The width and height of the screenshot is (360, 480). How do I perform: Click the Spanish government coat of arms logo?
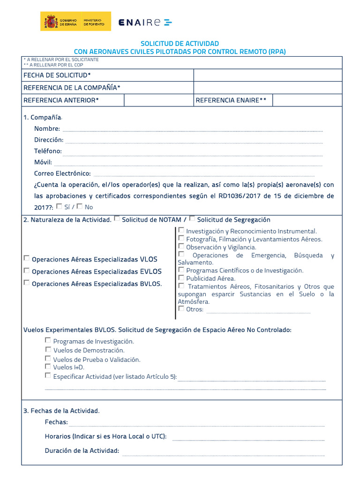click(x=51, y=22)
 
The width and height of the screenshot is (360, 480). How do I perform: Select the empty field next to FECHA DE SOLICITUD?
click(x=268, y=75)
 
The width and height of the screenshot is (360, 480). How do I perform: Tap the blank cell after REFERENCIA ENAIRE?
click(x=307, y=100)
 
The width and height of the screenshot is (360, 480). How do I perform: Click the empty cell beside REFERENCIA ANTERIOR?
click(x=159, y=100)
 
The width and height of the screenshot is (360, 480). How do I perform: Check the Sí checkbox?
click(x=59, y=206)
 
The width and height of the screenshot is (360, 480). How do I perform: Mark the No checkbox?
click(x=79, y=206)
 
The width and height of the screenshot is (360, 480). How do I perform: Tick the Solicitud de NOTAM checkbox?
click(x=117, y=219)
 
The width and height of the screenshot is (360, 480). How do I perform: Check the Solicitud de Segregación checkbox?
click(x=192, y=219)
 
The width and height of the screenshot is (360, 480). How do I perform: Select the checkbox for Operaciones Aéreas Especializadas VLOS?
click(x=27, y=258)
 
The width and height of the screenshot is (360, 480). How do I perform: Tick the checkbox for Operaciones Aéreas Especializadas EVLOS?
click(x=27, y=270)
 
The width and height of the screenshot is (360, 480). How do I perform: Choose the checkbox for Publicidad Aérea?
click(x=181, y=278)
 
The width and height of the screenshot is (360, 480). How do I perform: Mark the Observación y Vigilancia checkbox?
click(x=181, y=246)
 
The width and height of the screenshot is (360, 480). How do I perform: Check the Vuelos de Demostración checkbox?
click(x=48, y=350)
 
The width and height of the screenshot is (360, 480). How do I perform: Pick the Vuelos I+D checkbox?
click(x=48, y=367)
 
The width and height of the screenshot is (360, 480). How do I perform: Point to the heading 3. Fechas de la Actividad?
click(x=61, y=411)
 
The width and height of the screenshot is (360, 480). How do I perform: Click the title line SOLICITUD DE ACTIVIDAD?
click(x=180, y=44)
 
